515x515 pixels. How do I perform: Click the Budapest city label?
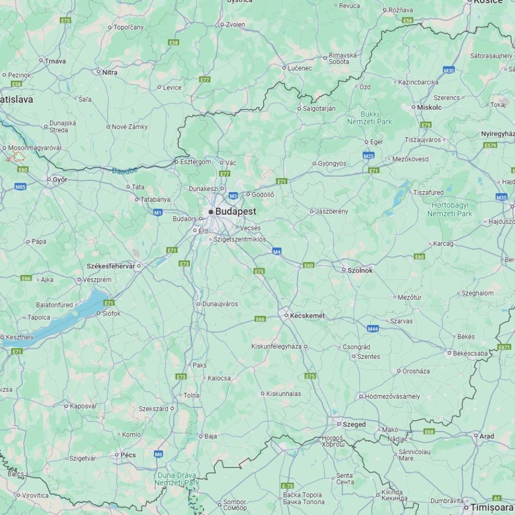click(235, 212)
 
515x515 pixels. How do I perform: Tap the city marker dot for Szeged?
click(339, 424)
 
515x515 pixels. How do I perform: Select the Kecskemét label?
click(307, 316)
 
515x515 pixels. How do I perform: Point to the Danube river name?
click(125, 170)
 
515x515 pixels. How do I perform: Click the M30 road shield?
click(449, 70)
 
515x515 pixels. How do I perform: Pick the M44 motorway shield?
click(373, 329)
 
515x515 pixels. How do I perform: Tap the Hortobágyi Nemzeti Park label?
click(450, 209)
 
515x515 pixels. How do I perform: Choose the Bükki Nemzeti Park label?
click(369, 118)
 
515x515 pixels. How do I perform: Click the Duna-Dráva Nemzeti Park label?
click(177, 479)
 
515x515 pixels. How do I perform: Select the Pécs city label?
click(128, 455)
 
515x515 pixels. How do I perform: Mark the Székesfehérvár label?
click(111, 266)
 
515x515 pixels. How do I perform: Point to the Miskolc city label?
click(430, 108)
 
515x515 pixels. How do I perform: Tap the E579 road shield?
click(490, 146)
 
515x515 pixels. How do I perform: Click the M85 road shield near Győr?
click(21, 187)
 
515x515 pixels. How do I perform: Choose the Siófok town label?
click(111, 313)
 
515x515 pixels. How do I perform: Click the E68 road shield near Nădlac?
click(429, 432)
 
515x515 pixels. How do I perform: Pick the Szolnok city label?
click(360, 270)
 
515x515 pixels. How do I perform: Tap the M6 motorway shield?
click(158, 454)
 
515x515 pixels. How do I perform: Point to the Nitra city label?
click(110, 73)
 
